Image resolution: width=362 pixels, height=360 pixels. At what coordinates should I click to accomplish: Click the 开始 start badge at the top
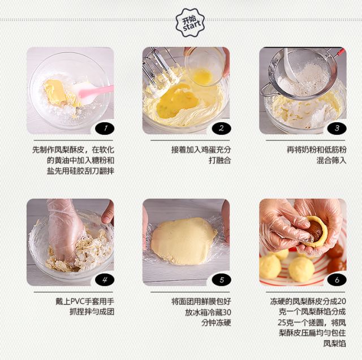click(190, 23)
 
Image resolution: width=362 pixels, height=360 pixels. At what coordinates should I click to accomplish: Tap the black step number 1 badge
click(105, 128)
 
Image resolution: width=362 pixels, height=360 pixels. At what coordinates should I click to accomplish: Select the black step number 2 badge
click(221, 128)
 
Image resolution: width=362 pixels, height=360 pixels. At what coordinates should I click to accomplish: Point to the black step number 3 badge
click(337, 128)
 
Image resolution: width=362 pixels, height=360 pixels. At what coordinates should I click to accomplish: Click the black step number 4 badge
click(105, 280)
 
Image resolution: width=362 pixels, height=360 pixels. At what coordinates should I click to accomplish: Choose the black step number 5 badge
click(221, 280)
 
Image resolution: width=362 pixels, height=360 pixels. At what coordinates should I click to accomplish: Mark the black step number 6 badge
click(337, 280)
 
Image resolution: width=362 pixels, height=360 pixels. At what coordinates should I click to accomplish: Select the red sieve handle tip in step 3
click(341, 52)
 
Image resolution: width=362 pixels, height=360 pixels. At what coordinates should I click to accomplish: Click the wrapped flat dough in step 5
click(183, 241)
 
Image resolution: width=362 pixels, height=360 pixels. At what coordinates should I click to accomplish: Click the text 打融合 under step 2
click(219, 160)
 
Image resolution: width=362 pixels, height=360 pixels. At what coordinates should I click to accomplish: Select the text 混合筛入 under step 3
click(331, 160)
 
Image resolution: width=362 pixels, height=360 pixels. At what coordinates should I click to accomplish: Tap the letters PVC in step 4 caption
click(77, 302)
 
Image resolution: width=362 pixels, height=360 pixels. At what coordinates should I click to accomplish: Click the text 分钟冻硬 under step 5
click(216, 323)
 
